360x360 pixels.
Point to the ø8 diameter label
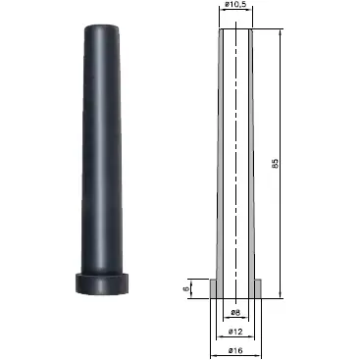(x=235, y=313)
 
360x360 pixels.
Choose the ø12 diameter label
(x=235, y=331)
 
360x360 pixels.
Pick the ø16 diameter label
(x=235, y=350)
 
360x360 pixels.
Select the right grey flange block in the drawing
(x=257, y=288)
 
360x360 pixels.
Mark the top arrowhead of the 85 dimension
(x=283, y=32)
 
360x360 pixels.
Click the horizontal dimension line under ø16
(x=235, y=356)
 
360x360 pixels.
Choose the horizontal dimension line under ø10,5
(x=235, y=15)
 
